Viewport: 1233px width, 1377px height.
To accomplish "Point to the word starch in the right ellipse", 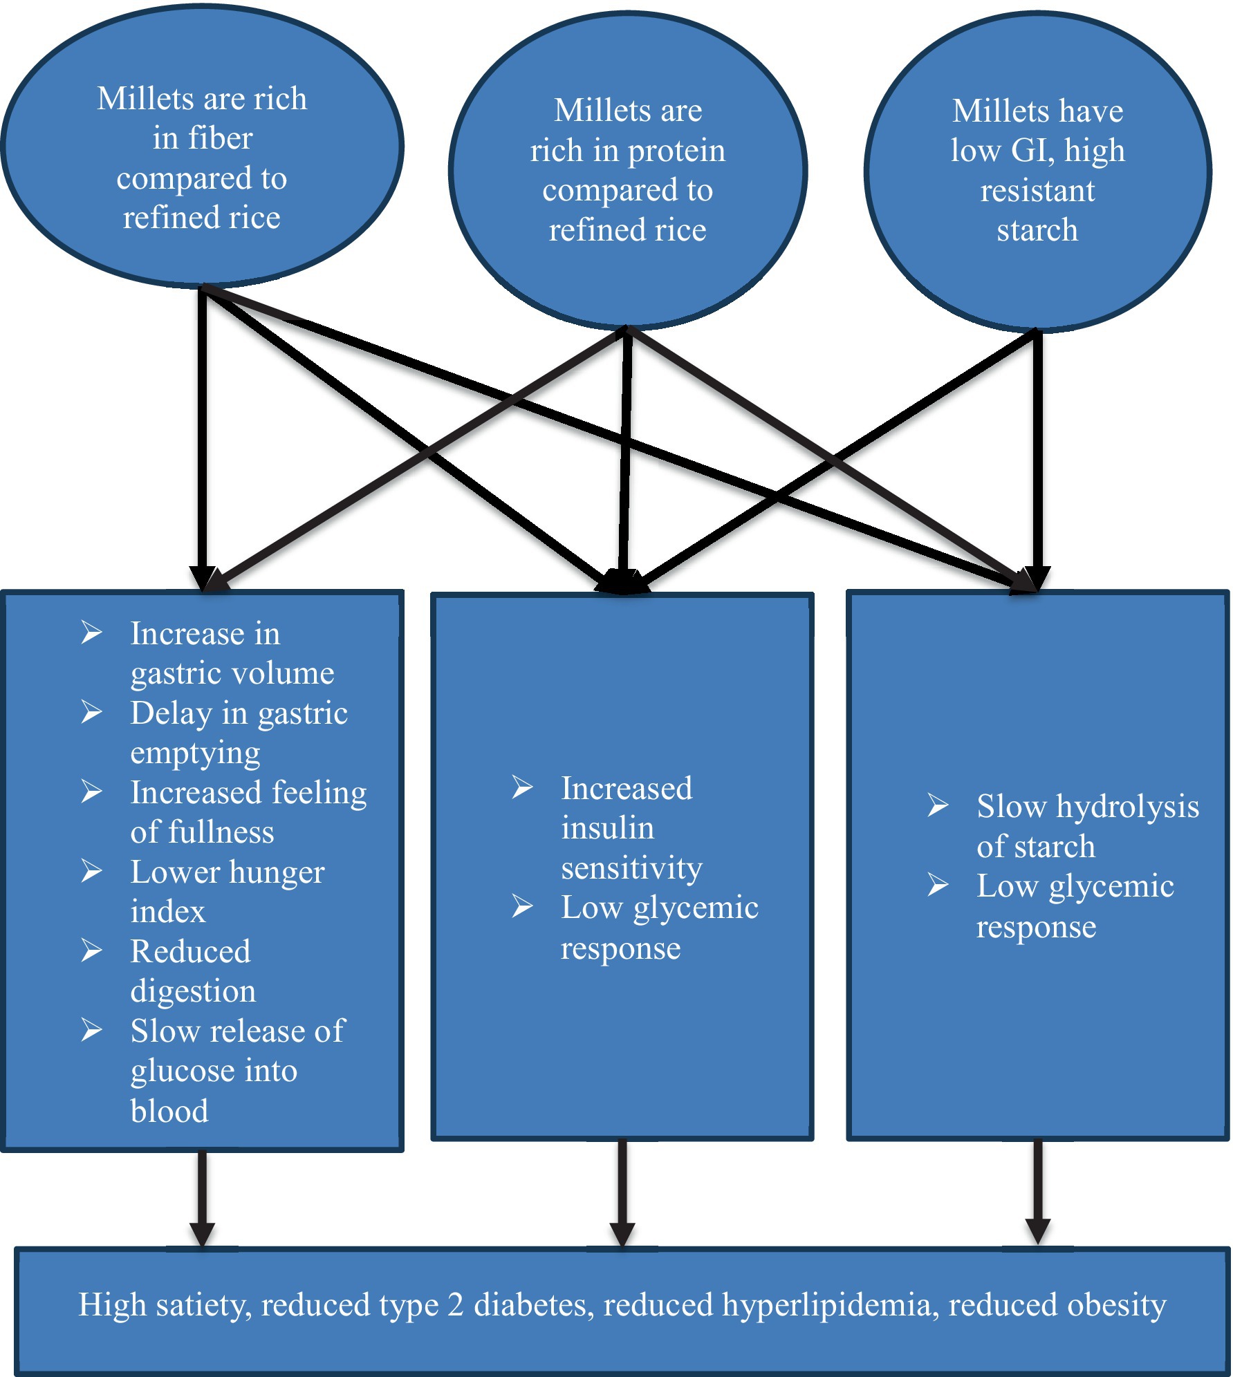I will click(1037, 230).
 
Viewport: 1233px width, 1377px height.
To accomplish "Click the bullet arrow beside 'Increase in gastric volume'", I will click(92, 632).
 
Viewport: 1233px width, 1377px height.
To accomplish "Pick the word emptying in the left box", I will click(195, 753).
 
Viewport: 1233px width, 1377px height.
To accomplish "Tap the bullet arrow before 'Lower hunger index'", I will click(92, 870).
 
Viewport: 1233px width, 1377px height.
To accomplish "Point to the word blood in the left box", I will click(169, 1112).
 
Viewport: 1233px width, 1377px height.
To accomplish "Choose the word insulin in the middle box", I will click(607, 828).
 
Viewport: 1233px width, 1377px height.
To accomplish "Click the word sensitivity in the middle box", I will click(631, 868).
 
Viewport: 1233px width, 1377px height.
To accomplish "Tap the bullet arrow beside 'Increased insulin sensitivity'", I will click(522, 787).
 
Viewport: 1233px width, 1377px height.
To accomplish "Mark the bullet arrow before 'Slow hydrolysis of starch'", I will click(938, 805).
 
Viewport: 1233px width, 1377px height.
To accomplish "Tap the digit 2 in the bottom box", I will click(456, 1305).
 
